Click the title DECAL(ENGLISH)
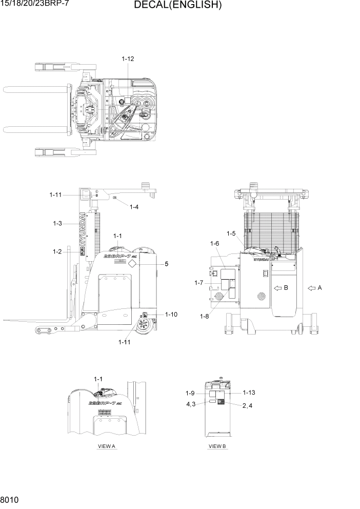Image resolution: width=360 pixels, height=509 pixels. [177, 6]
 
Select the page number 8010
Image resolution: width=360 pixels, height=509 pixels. [10, 499]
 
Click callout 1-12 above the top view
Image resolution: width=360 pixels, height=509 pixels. [128, 59]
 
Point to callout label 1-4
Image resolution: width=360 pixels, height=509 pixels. [134, 207]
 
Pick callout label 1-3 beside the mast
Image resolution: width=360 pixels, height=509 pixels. [57, 223]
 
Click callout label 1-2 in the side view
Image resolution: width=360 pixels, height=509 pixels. [57, 251]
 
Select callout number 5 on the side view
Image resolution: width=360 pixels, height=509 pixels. [166, 264]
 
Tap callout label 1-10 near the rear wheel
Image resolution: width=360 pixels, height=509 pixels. [171, 315]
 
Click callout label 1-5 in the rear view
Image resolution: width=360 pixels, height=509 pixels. [231, 234]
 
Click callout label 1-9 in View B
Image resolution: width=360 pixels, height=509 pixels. [190, 394]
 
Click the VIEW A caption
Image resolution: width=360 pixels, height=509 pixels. [107, 446]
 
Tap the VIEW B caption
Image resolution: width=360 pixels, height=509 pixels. [217, 446]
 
